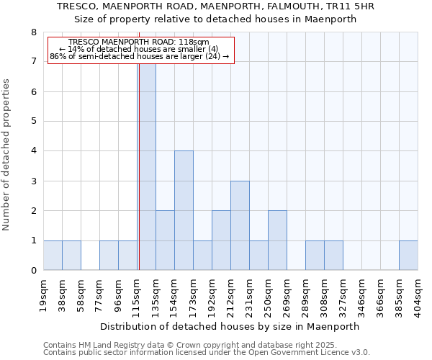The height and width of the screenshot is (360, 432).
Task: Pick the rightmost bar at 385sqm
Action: [x=408, y=256]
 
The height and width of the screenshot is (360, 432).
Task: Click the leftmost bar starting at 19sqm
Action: [x=53, y=256]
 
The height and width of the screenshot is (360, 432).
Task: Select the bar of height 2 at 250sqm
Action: [x=277, y=240]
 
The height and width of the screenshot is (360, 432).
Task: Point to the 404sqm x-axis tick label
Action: [x=418, y=296]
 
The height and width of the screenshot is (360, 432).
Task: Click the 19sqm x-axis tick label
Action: [x=44, y=296]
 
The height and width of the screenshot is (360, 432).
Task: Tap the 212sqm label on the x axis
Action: [x=231, y=296]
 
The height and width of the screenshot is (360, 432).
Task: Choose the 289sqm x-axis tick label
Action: [x=306, y=296]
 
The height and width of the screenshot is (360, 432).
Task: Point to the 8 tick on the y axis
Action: [x=33, y=32]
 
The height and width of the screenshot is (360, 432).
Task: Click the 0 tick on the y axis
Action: [x=33, y=271]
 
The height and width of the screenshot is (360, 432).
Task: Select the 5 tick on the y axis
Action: [x=33, y=122]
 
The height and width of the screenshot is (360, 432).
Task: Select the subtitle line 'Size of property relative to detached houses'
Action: [x=216, y=19]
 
